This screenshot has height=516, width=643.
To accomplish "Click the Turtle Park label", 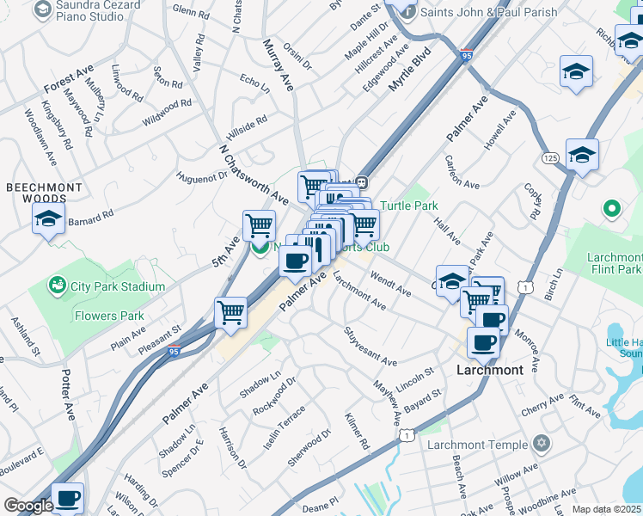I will point(409,206).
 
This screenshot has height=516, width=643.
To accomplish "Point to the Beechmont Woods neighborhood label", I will point(44,193).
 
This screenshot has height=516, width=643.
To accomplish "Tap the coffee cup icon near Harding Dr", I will point(67,498).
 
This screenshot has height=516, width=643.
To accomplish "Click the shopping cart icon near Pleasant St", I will point(230,312).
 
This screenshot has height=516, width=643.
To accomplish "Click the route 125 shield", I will point(551,158).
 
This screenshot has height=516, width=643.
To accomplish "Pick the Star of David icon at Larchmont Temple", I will point(540,444).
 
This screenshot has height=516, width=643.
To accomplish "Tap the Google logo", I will point(28,506).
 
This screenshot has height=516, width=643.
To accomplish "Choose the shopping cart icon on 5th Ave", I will point(259,225).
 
